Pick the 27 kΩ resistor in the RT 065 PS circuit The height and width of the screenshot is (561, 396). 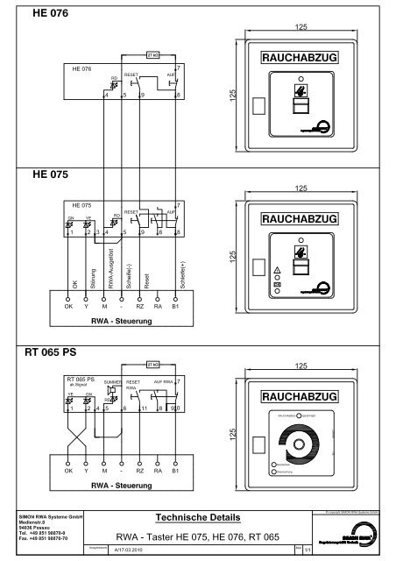[x=154, y=362]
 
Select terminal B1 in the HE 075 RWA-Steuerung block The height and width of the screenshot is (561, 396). [x=176, y=308]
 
